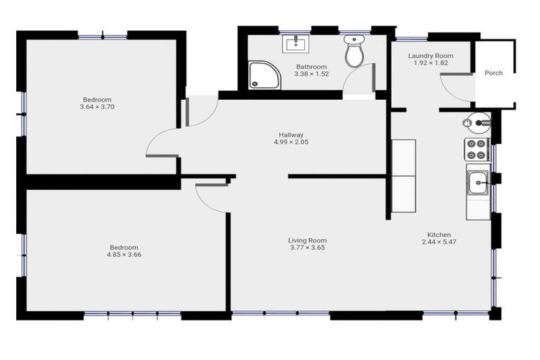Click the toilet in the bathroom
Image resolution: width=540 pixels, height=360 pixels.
pyautogui.click(x=354, y=51)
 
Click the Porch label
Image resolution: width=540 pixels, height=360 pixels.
pyautogui.click(x=494, y=73)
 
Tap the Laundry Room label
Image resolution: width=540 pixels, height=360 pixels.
pyautogui.click(x=430, y=56)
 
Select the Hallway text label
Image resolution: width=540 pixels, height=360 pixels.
pyautogui.click(x=290, y=134)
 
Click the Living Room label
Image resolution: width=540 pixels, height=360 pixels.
pyautogui.click(x=308, y=240)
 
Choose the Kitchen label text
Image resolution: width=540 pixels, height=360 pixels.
pyautogui.click(x=439, y=235)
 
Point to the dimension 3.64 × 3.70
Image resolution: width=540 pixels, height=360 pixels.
pyautogui.click(x=97, y=107)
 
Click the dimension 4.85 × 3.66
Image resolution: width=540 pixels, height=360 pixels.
pyautogui.click(x=124, y=255)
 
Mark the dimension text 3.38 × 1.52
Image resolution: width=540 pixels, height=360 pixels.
pyautogui.click(x=311, y=74)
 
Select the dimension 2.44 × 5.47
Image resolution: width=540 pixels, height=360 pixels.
pyautogui.click(x=439, y=242)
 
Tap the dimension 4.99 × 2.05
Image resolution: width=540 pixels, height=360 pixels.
pyautogui.click(x=290, y=142)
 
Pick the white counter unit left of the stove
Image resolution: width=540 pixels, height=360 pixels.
pyautogui.click(x=404, y=176)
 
